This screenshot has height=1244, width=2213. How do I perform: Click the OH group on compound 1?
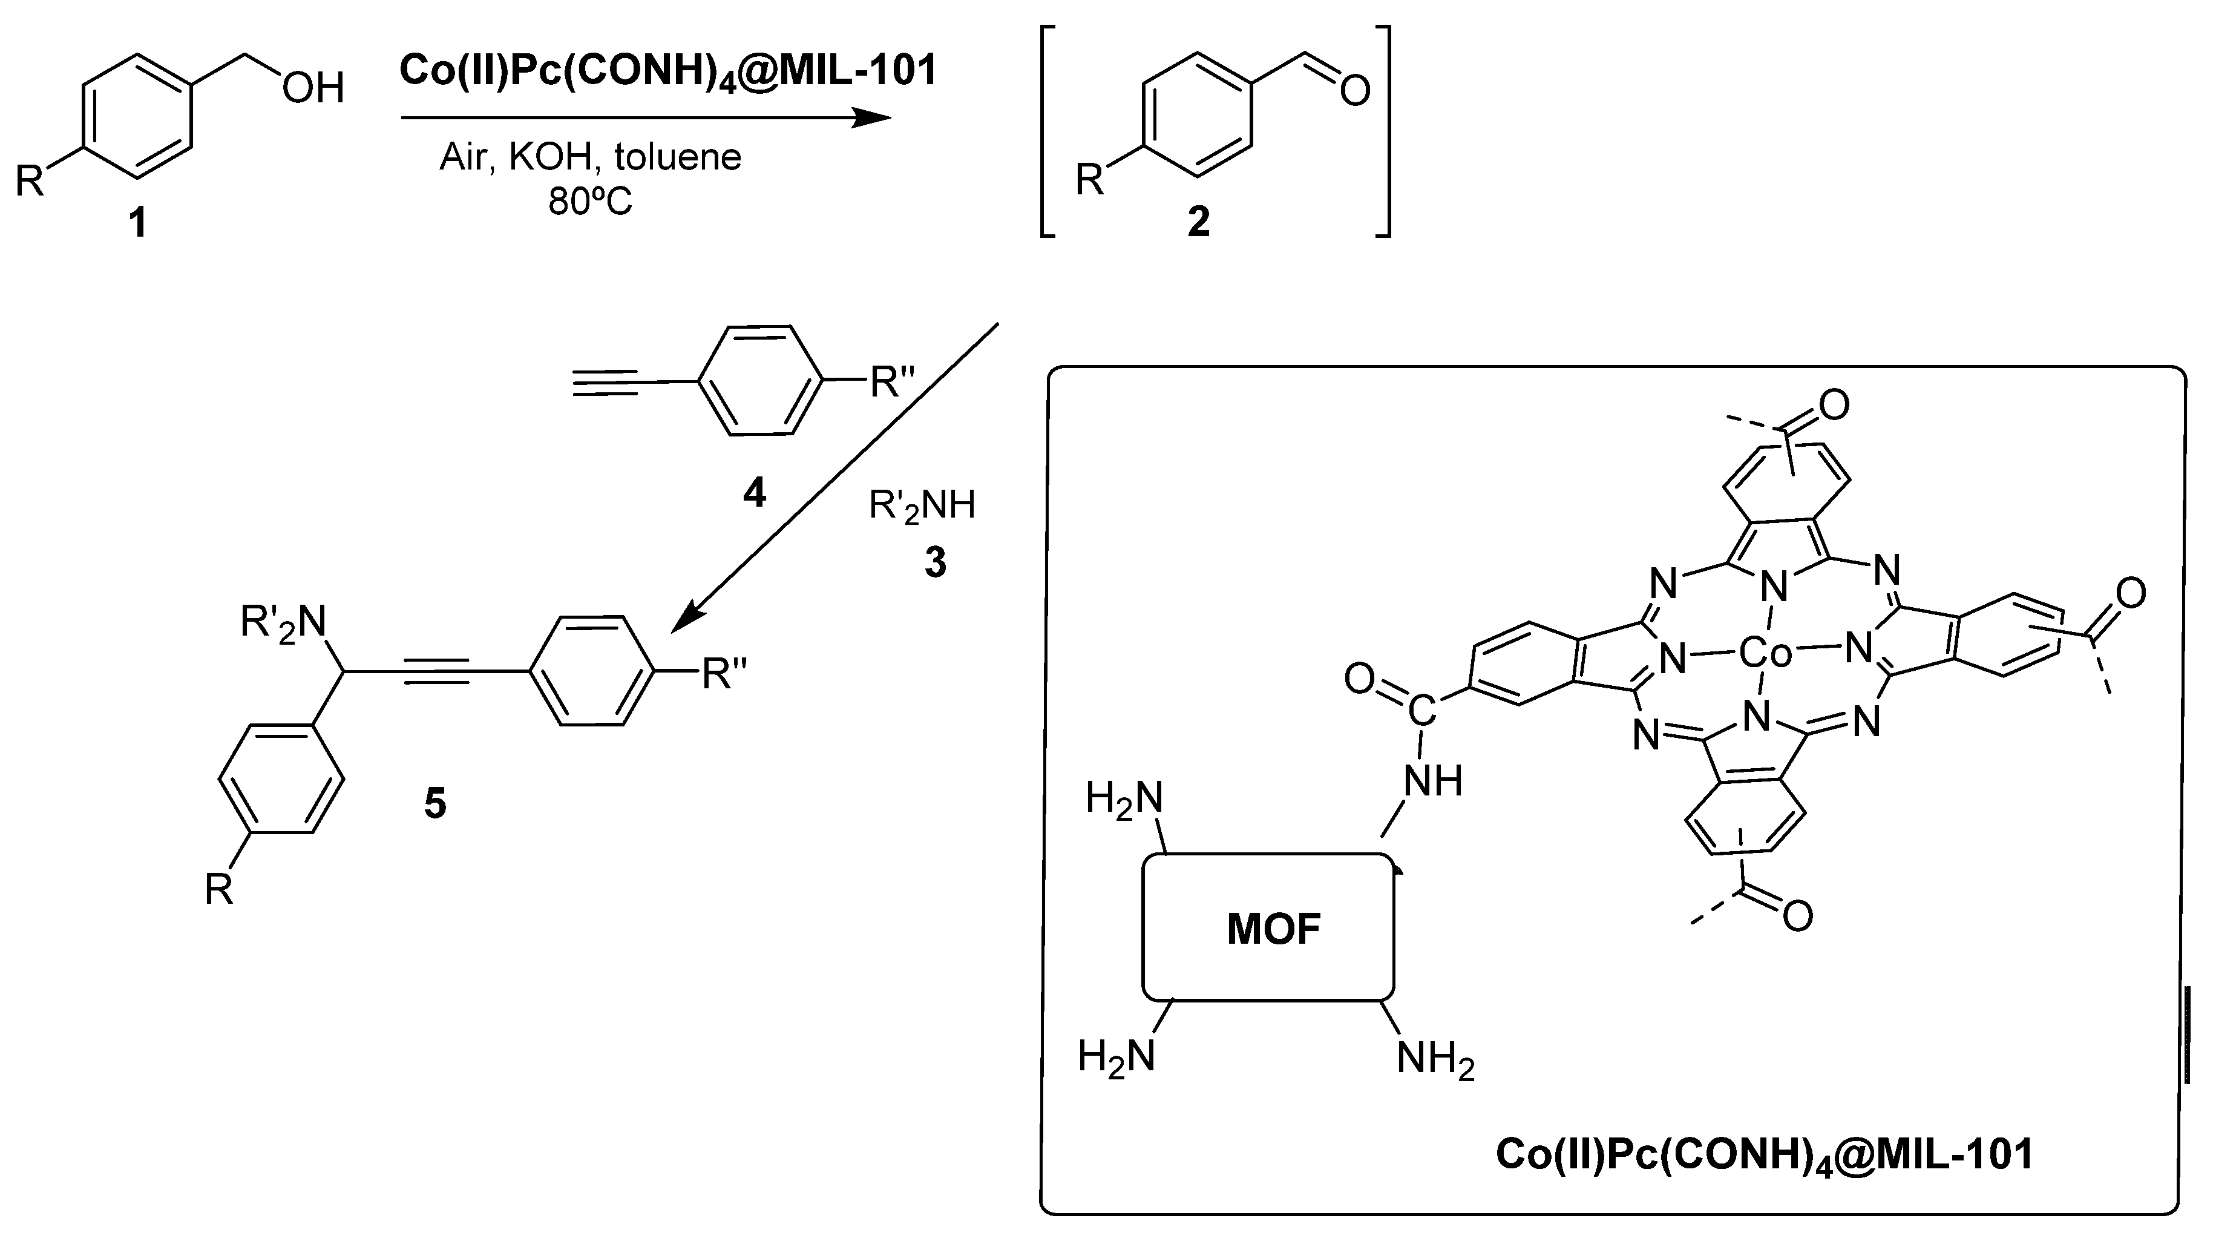313,88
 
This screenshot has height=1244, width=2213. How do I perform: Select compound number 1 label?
137,224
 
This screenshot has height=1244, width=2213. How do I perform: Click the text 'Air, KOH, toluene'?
590,157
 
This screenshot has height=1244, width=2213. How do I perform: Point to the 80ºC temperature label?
590,202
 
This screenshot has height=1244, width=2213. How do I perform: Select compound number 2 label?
1198,223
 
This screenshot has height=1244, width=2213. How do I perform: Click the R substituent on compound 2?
1089,181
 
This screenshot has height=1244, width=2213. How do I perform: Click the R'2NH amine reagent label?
922,506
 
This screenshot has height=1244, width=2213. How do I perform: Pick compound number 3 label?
936,563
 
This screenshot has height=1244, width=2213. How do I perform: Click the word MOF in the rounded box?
1273,930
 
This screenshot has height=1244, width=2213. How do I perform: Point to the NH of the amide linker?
1433,781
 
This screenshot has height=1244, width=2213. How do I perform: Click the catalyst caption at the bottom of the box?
1765,1154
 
